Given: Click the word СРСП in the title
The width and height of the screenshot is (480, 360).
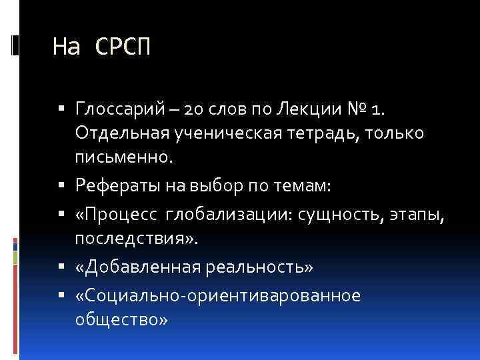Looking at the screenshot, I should pyautogui.click(x=123, y=47).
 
